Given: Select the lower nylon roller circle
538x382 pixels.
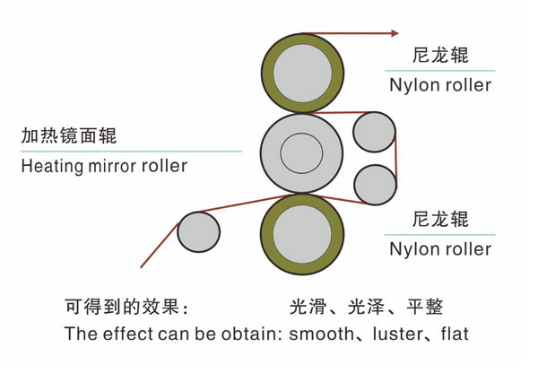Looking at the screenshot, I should click(x=302, y=234).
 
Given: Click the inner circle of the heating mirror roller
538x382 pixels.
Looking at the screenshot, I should click(x=301, y=152).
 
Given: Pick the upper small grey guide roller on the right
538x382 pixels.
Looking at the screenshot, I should click(x=374, y=133).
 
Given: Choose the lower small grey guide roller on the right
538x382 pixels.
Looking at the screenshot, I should click(x=375, y=184).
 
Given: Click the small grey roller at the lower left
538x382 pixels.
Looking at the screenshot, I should click(x=198, y=232).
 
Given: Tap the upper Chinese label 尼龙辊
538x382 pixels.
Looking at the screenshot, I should click(x=441, y=56).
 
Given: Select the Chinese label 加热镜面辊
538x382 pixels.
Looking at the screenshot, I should click(x=69, y=137).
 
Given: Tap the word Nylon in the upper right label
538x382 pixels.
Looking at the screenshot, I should click(x=411, y=86).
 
